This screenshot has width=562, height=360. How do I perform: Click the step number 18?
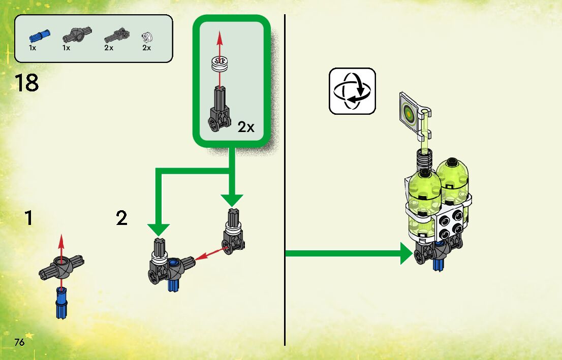point(26,83)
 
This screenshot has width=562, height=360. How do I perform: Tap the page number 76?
point(20,341)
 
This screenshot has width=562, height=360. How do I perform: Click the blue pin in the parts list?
point(38,36)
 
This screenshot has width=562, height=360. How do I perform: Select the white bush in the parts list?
point(147,36)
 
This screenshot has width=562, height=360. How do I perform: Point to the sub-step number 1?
point(28,218)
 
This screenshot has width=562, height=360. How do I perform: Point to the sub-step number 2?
point(121,218)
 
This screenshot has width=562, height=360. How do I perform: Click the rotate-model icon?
point(352,91)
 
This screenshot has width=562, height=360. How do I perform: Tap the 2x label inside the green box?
point(246,127)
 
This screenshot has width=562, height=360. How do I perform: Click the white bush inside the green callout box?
point(220,65)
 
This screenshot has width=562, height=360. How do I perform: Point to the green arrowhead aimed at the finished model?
point(407,253)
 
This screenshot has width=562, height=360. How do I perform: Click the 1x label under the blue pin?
point(33,48)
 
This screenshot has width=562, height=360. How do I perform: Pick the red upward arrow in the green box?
point(220,43)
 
